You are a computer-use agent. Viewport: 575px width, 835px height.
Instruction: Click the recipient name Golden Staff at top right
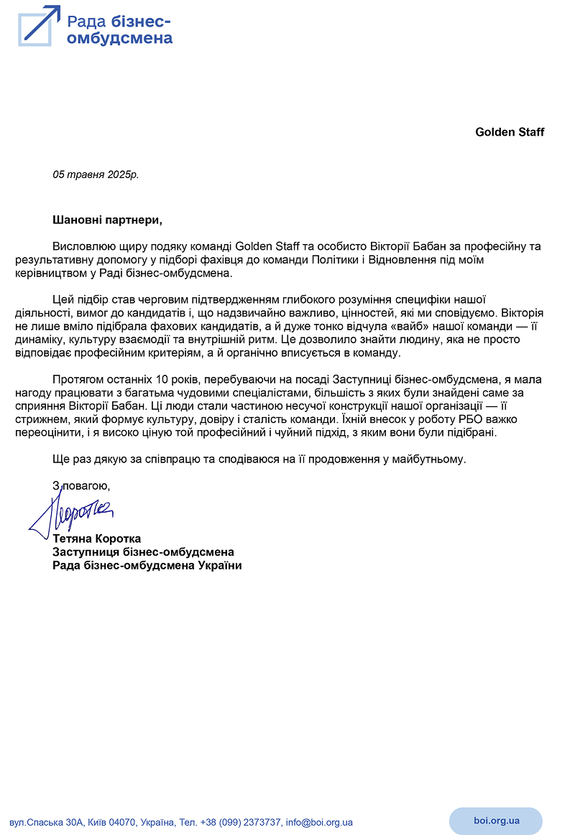[x=510, y=132]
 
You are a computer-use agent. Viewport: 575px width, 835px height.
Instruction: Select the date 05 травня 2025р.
[x=96, y=174]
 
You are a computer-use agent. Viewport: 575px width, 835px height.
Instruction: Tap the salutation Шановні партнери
[x=103, y=218]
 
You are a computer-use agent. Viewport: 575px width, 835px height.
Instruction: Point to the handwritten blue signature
[x=72, y=510]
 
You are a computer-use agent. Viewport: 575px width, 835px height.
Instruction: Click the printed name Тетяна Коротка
[x=97, y=538]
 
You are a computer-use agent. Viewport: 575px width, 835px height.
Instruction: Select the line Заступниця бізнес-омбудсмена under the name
[x=144, y=552]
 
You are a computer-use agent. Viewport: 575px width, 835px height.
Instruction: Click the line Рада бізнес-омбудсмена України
[x=147, y=566]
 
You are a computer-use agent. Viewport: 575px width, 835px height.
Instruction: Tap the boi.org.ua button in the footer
[x=496, y=821]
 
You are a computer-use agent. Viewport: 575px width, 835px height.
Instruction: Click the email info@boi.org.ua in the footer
[x=319, y=823]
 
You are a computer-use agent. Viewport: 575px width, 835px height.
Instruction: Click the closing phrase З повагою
[x=81, y=486]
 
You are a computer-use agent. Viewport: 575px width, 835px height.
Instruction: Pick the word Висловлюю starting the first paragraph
[x=83, y=246]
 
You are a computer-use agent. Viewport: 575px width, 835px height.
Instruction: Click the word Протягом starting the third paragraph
[x=77, y=379]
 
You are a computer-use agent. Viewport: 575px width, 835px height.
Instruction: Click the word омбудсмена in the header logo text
[x=119, y=38]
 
